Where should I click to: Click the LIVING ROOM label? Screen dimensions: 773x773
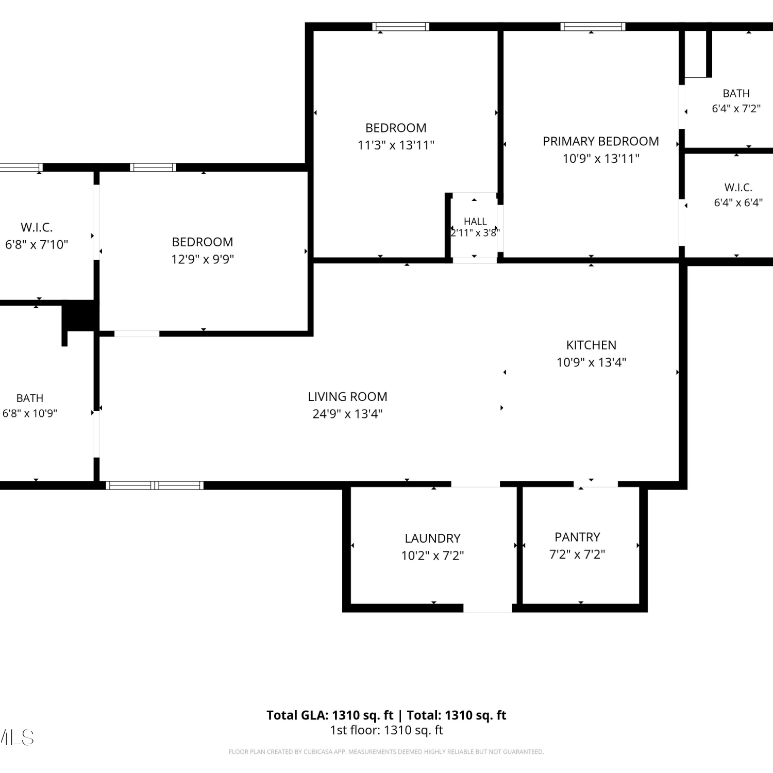tap(347, 396)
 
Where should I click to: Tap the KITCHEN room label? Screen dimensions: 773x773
tap(591, 345)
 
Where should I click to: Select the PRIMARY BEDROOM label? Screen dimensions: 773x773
tap(601, 141)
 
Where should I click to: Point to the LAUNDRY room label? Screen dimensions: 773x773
tap(432, 538)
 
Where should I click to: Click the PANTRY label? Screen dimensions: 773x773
tap(577, 537)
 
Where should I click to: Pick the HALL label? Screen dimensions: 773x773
tap(475, 221)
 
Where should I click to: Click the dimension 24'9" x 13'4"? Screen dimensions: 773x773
tap(347, 414)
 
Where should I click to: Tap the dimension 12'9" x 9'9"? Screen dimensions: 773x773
tap(203, 259)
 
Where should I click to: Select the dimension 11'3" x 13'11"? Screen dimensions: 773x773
tap(396, 145)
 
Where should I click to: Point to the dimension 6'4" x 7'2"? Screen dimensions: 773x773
tap(736, 109)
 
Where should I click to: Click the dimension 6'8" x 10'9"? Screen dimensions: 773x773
tap(30, 413)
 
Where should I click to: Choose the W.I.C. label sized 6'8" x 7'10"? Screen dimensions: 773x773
tap(37, 227)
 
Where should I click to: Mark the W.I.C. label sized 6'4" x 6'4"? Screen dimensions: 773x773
tap(738, 187)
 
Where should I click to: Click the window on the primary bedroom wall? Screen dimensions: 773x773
tap(593, 27)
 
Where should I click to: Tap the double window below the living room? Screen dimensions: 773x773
tap(155, 485)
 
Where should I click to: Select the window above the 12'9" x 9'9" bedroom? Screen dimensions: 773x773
tap(153, 167)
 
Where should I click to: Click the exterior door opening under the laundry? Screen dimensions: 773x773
tap(488, 608)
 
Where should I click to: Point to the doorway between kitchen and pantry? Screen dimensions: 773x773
tap(596, 484)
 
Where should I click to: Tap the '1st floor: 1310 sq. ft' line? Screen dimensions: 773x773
tap(386, 730)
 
